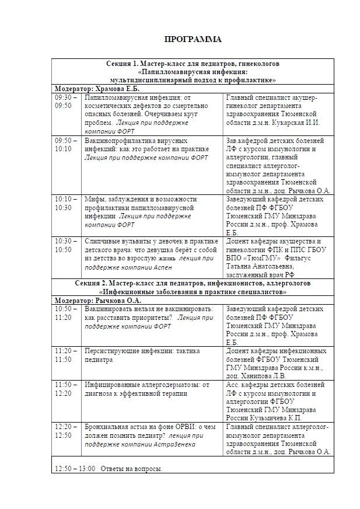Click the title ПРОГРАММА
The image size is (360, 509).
(193, 40)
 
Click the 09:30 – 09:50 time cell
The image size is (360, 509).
(64, 101)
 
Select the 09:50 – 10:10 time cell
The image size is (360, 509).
(64, 145)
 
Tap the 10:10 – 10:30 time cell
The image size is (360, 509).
(64, 203)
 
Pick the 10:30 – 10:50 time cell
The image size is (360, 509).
(64, 245)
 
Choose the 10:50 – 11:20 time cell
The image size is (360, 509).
(64, 313)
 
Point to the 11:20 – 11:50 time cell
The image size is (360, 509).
(64, 355)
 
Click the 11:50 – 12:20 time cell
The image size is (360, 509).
(64, 389)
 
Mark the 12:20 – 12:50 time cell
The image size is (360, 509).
(64, 431)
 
